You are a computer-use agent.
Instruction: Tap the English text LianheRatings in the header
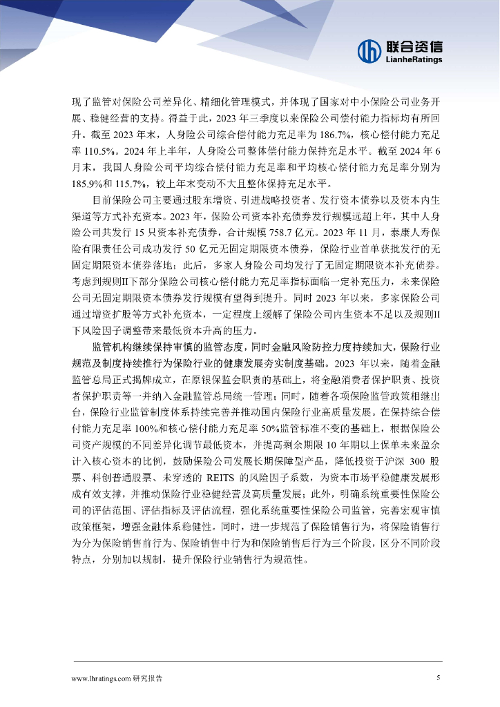point(413,60)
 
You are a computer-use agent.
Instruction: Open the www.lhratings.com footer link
point(100,679)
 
